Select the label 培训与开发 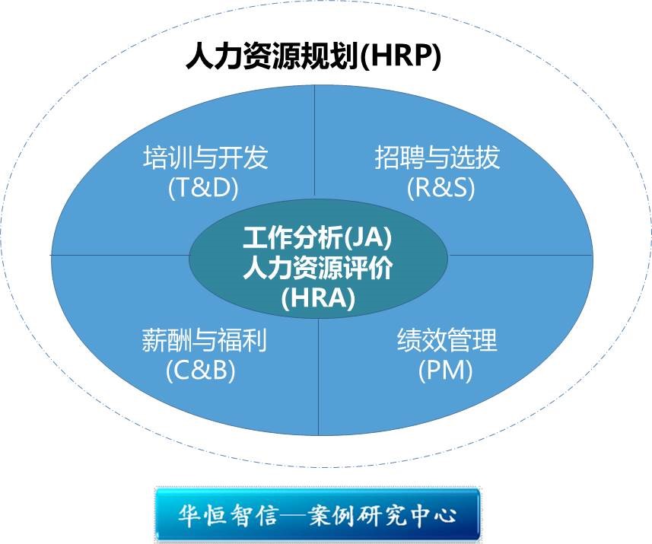point(205,157)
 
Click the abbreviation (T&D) point(203,188)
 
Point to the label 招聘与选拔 point(437,157)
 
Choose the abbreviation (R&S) point(440,188)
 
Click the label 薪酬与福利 point(204,340)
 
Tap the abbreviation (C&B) point(201,370)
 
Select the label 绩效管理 point(447,340)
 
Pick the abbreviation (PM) point(445,370)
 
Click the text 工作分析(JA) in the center point(318,237)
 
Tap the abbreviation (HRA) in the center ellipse point(319,297)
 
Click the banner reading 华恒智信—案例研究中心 point(318,515)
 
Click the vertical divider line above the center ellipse point(314,141)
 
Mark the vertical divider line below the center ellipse point(319,377)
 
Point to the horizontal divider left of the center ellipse point(120,254)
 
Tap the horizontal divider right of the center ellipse point(520,255)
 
